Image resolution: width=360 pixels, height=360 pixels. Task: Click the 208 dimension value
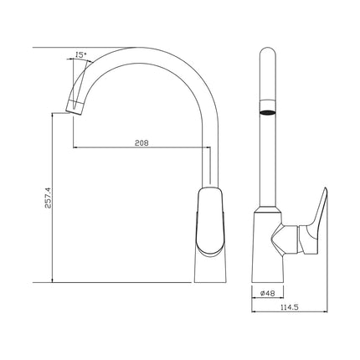pos(141,143)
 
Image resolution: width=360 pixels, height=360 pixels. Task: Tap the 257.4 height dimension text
pos(48,198)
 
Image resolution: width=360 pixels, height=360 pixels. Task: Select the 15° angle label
pos(80,55)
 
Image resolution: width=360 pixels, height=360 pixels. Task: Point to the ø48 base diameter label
pos(268,293)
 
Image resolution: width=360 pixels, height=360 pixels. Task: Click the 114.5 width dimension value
pos(290,307)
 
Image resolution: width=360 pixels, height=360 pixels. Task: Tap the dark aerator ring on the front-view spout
pos(268,113)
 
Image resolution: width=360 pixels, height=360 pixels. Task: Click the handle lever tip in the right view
pos(325,190)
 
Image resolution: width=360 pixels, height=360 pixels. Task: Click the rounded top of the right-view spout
pos(268,51)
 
